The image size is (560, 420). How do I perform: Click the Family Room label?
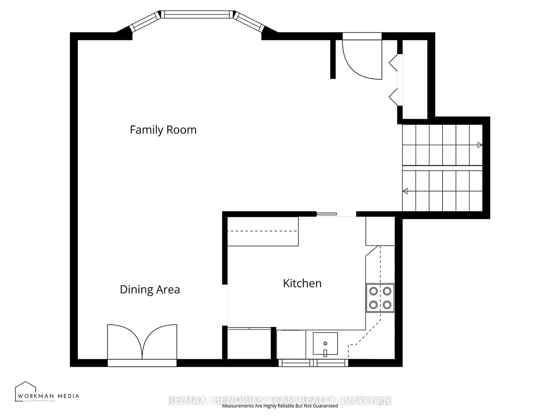pyautogui.click(x=163, y=130)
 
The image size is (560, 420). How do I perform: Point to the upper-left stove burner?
pyautogui.click(x=373, y=291)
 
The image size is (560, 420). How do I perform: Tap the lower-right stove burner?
pyautogui.click(x=387, y=304)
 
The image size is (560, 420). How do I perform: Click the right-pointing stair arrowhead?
pyautogui.click(x=479, y=145)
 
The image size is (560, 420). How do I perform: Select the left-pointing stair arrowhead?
pyautogui.click(x=405, y=191)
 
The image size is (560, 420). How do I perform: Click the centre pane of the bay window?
pyautogui.click(x=197, y=14)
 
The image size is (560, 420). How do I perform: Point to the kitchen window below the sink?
pyautogui.click(x=313, y=363)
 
